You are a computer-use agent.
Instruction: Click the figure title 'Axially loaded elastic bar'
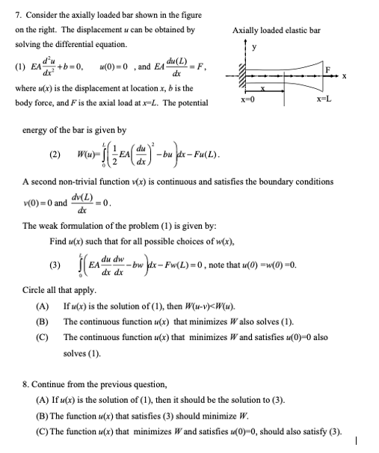tap(276, 30)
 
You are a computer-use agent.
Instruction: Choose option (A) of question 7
tap(43, 306)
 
